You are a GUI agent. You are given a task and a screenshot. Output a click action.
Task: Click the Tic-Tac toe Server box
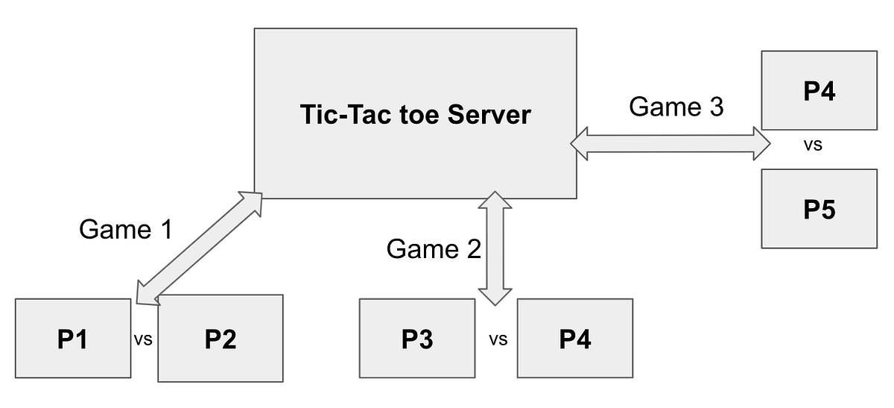coord(415,75)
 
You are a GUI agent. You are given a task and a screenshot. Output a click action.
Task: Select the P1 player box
coord(72,339)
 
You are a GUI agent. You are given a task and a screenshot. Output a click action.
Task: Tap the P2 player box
coord(221,339)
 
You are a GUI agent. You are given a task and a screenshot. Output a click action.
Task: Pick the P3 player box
coord(416,339)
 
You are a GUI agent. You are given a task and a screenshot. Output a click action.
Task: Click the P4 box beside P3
coord(574,339)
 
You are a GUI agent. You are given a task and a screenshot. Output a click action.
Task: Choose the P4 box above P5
coord(819,91)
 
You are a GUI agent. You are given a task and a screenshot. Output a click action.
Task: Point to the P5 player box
coord(819,209)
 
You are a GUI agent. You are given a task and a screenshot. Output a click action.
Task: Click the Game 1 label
coord(125,230)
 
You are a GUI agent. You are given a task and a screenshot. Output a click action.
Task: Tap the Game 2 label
coord(434,248)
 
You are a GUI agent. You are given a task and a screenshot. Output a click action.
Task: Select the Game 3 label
coord(676,107)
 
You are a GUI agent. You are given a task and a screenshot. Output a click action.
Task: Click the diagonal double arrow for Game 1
coord(200,248)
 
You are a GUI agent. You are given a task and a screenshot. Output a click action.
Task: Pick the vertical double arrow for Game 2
coord(495,248)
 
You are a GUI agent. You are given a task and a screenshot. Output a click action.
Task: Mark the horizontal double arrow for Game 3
coord(670,142)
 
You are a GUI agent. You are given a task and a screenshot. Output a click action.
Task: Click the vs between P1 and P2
coord(143,339)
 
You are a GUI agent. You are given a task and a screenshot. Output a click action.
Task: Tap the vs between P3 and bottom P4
coord(498,339)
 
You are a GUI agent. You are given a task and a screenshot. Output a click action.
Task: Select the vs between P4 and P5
coord(813,145)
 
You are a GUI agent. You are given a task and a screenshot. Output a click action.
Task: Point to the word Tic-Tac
coord(340,115)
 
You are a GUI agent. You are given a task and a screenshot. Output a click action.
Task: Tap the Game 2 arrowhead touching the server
coord(495,200)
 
